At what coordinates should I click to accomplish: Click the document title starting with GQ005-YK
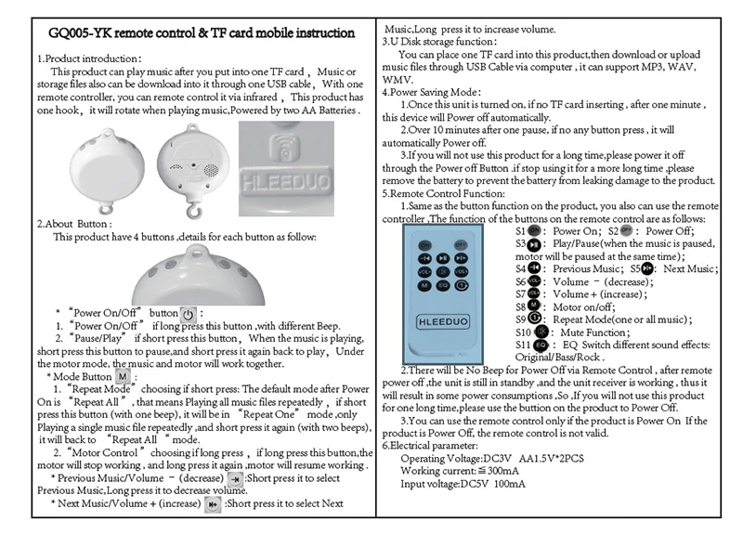pos(201,33)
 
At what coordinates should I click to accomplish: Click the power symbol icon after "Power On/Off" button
pos(187,313)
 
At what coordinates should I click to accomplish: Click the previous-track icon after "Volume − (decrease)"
pos(235,479)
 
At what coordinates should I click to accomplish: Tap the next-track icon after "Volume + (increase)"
pos(213,504)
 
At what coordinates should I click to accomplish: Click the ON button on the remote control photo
pos(424,244)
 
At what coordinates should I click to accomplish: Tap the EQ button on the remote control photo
pos(444,285)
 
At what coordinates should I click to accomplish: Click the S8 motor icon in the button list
pos(534,305)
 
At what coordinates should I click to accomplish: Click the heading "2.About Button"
pos(74,224)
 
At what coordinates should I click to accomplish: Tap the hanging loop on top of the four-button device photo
pos(194,250)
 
